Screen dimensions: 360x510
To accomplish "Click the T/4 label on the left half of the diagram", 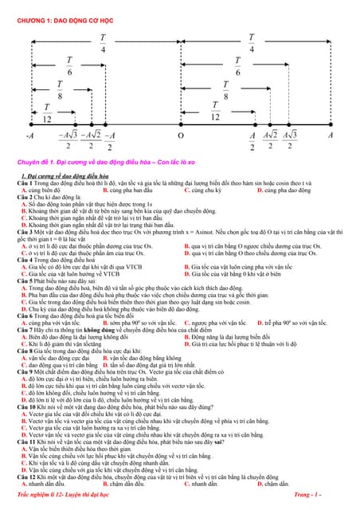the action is tap(103, 43).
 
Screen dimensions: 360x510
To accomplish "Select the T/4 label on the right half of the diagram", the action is tap(252, 43).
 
